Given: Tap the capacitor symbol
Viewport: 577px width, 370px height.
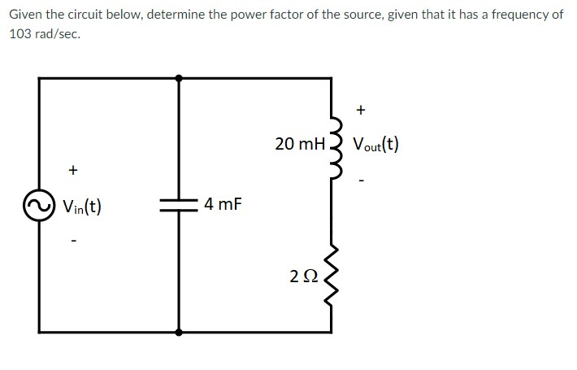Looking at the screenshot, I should coord(179,205).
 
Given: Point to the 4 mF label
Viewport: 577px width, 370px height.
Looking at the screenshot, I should coord(223,203).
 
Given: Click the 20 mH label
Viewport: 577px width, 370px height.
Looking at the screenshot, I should coord(299,144).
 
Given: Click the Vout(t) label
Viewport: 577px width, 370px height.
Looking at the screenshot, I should coord(375,146).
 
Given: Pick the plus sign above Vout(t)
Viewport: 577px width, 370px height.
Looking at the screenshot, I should coord(362,108).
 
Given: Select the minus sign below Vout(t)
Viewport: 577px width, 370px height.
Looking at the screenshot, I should coord(362,180).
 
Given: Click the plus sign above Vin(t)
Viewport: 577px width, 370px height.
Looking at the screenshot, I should coord(73,170).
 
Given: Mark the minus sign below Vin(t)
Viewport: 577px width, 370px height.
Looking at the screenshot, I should coord(73,241).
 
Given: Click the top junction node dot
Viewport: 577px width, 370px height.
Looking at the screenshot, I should coord(179,77).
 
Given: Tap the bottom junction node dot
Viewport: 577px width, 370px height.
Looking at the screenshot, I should coord(179,332).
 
